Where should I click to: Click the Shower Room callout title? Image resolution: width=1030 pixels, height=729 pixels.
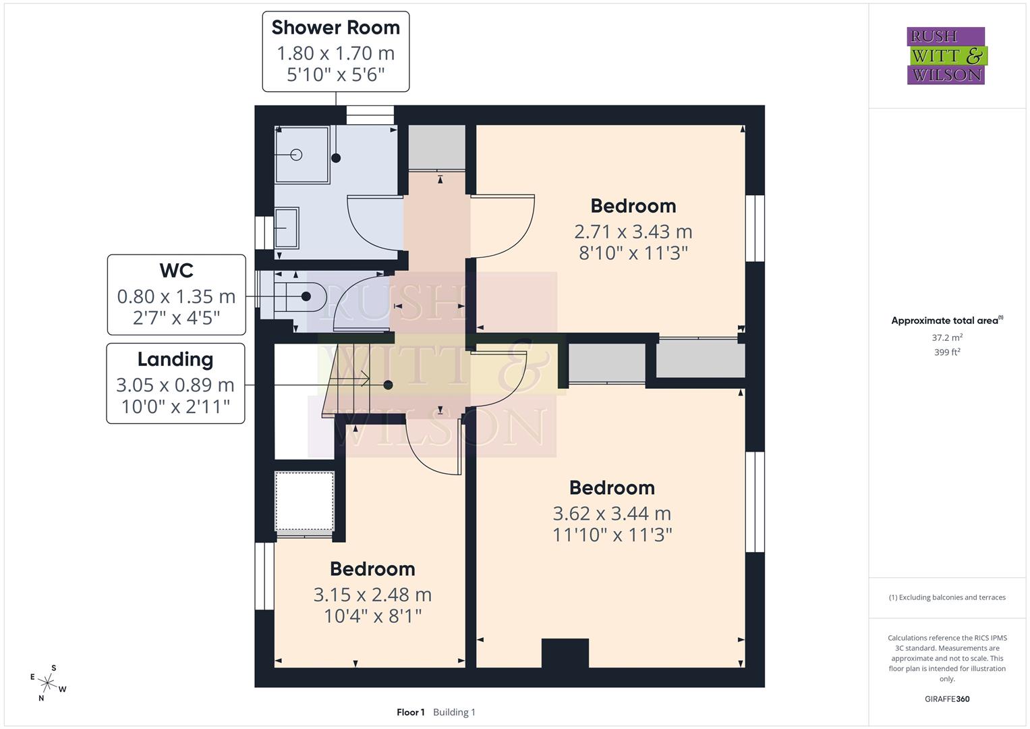pos(335,28)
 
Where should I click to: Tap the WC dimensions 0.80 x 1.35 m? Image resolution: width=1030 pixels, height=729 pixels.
pos(176,296)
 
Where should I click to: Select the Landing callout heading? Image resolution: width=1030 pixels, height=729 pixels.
pos(175,360)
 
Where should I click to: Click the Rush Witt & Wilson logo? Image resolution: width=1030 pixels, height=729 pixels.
pos(946,56)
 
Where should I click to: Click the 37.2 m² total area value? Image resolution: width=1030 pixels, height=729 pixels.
pos(947,337)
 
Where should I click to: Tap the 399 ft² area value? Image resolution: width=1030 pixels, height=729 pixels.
pos(947,352)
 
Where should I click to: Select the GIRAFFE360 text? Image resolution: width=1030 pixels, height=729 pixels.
pos(947,699)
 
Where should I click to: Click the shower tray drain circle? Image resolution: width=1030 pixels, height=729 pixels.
pos(296,155)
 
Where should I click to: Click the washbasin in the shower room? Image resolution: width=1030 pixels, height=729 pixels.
pos(286,228)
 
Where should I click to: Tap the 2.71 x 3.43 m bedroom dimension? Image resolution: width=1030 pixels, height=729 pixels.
pos(633,232)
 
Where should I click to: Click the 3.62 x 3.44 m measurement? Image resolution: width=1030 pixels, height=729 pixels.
pos(612,514)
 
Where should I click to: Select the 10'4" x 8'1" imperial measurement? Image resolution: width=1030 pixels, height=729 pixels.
pos(372,616)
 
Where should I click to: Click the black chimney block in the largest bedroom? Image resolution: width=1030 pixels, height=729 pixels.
pos(565,653)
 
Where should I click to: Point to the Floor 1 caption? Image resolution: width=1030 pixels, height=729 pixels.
pos(410,712)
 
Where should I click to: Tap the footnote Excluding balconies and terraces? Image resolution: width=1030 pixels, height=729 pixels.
pos(947,597)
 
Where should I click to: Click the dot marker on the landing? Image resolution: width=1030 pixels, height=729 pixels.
pos(388,385)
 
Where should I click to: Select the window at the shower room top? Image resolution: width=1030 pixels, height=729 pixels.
pos(370,115)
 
